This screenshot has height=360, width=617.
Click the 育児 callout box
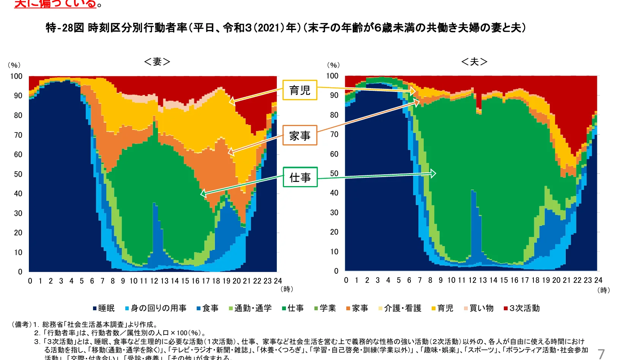click(300, 90)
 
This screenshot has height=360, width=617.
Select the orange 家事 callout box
click(300, 136)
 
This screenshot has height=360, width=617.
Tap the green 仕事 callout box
click(300, 177)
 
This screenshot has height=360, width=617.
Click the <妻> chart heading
click(157, 62)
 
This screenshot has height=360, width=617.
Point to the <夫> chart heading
click(474, 62)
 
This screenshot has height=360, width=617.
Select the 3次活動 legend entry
click(522, 308)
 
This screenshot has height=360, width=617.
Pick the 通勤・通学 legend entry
click(250, 308)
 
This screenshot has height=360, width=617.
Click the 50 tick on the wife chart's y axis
click(18, 174)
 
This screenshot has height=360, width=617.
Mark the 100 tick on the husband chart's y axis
click(332, 76)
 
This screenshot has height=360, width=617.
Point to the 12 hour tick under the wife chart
click(154, 281)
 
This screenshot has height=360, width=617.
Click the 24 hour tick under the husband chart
click(598, 280)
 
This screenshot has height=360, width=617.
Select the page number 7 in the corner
click(601, 354)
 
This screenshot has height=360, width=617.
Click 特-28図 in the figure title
click(65, 28)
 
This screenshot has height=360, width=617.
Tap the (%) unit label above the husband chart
click(333, 65)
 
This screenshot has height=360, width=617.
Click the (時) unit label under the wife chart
click(287, 289)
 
